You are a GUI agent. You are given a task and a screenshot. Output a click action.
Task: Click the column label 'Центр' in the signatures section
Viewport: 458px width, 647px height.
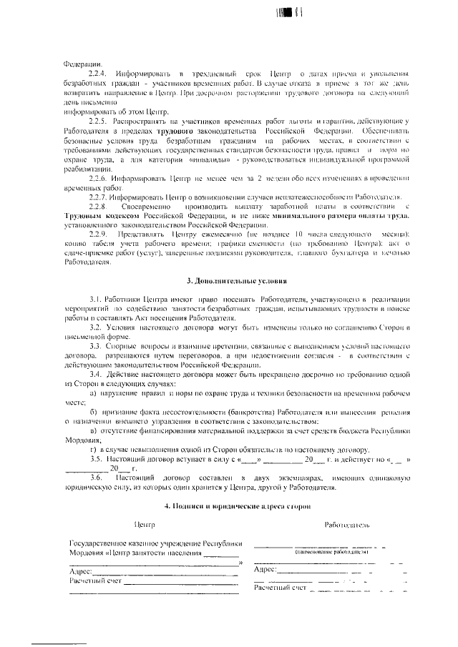145,525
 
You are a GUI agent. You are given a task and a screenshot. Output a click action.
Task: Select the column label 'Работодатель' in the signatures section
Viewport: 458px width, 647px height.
346,525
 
